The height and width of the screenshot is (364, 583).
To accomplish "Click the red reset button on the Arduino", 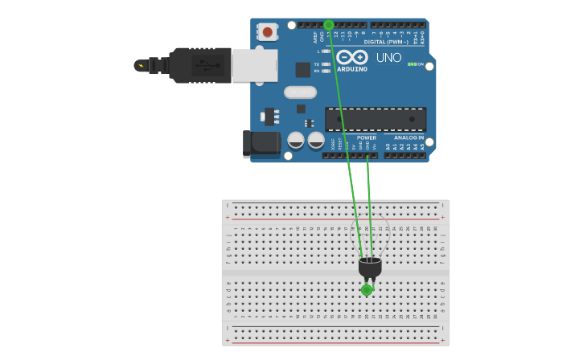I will point(266,32).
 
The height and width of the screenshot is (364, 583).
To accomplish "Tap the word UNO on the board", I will point(388,58).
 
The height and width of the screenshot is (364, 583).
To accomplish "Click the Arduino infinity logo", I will point(351,58).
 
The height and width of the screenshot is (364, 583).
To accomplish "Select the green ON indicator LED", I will point(411,64).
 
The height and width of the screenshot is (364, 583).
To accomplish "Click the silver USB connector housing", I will point(254,65).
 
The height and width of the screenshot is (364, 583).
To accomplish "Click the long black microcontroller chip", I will point(376,119).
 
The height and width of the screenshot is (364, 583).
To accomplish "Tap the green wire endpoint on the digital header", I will point(328,25).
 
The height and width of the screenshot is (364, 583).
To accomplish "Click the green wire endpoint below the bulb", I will point(367,290).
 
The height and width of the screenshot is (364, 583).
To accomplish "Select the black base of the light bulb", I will point(370,267).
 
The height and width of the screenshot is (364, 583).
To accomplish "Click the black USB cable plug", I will point(200,65).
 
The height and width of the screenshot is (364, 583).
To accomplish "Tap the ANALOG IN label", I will point(409,137).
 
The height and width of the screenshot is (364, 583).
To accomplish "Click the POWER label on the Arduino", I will point(366,137).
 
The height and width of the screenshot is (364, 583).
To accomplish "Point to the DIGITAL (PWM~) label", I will point(385,42).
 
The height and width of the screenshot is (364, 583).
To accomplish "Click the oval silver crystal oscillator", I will point(300,92).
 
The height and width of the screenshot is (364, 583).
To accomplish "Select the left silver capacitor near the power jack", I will point(296,141).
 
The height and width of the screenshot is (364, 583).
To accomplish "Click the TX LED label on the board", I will point(316,63).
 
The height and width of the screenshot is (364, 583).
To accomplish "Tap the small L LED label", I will point(318,51).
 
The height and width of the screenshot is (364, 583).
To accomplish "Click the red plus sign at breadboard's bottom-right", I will point(441,340).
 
